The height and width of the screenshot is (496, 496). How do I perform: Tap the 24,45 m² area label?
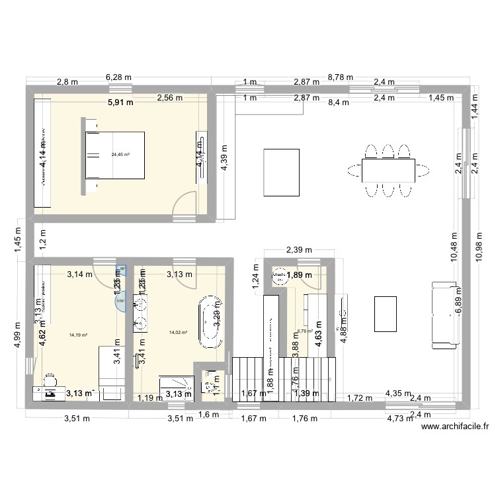click(120, 155)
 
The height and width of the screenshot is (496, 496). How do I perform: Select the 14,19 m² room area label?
click(78, 335)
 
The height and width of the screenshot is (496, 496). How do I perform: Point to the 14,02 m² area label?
click(179, 333)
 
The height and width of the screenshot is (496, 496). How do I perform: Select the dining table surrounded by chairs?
click(388, 170)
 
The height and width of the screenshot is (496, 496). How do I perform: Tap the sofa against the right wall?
click(444, 315)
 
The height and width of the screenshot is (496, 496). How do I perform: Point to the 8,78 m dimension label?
click(341, 77)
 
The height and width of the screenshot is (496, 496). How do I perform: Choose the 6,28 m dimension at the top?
click(118, 77)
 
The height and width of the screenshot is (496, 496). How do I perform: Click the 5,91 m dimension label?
click(120, 103)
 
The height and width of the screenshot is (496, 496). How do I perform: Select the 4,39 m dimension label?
click(225, 158)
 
